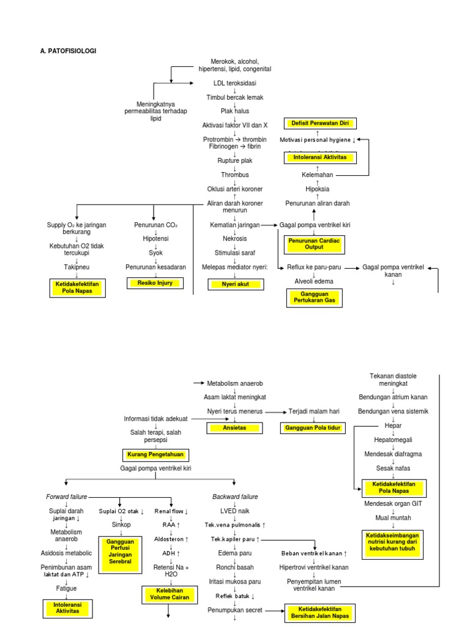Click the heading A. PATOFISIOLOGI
68,51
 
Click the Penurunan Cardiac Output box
314,244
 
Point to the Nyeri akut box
235,284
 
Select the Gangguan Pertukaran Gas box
314,298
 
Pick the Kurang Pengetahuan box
155,454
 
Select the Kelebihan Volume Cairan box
168,593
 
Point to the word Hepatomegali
389,440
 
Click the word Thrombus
235,175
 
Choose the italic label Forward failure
67,497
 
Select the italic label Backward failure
235,497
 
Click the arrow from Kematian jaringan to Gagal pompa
269,225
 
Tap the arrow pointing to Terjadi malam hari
278,411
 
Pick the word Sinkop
121,525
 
